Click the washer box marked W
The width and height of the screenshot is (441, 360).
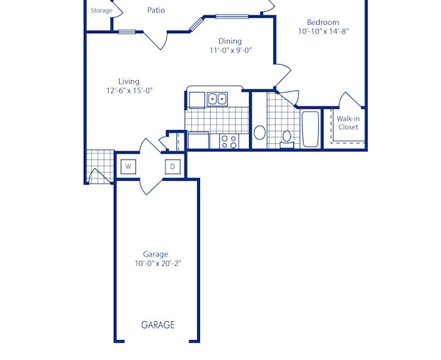pyautogui.click(x=128, y=167)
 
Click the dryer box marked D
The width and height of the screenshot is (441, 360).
pyautogui.click(x=173, y=167)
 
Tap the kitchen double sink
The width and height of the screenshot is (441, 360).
pyautogui.click(x=217, y=98)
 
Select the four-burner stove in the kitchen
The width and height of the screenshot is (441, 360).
pyautogui.click(x=229, y=140)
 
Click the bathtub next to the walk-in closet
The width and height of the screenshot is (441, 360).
pyautogui.click(x=310, y=129)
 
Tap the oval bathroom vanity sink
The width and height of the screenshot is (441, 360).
pyautogui.click(x=259, y=133)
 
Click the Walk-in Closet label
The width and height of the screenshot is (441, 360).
pyautogui.click(x=348, y=122)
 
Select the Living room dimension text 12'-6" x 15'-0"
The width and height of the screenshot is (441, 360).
pyautogui.click(x=129, y=91)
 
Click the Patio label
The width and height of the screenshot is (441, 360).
pyautogui.click(x=155, y=10)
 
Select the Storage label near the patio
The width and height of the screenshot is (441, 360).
pyautogui.click(x=101, y=11)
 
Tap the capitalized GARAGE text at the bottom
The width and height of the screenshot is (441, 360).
pyautogui.click(x=158, y=325)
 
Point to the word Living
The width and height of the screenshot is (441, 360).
pyautogui.click(x=129, y=82)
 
